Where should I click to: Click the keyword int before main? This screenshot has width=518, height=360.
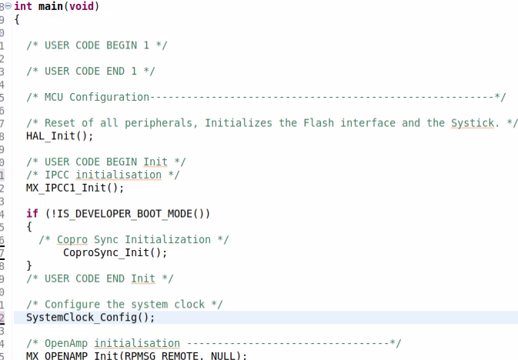point(23,6)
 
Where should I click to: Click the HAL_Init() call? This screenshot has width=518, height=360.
point(59,136)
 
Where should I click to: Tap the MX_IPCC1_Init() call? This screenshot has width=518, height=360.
point(75,188)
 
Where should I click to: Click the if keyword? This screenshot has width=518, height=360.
point(32,214)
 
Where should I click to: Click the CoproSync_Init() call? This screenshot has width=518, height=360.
point(115,252)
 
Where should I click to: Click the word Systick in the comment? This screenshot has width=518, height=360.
point(476,123)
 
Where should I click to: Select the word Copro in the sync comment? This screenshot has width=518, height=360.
point(72,239)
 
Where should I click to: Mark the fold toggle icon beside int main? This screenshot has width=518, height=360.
point(9,6)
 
